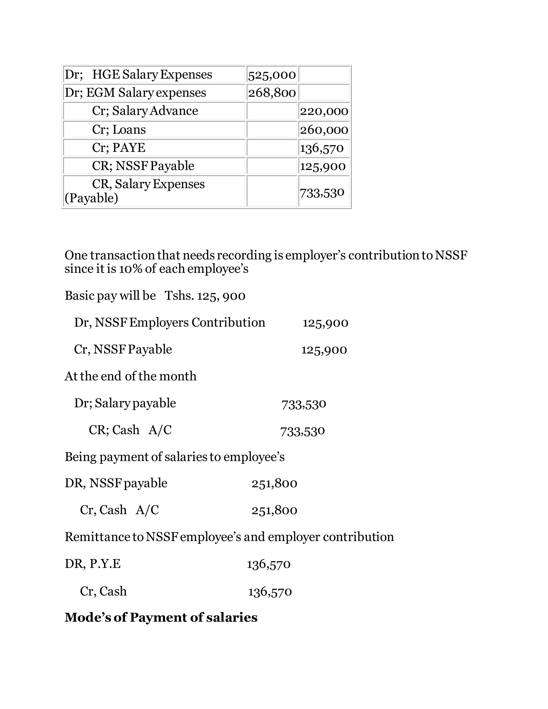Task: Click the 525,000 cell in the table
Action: [x=272, y=75]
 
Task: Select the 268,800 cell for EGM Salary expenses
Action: [x=272, y=93]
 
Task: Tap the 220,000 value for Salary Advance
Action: [x=324, y=111]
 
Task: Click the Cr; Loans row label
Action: [x=119, y=129]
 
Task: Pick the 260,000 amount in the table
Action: [x=324, y=130]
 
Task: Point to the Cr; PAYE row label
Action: [x=119, y=148]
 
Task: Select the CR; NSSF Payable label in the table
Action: [x=143, y=166]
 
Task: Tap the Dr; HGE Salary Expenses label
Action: [x=138, y=75]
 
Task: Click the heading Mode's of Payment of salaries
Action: [x=161, y=617]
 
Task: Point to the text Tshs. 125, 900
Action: [x=205, y=296]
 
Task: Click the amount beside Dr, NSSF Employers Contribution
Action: [x=325, y=323]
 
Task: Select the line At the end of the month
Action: [x=131, y=376]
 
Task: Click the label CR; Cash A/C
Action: [x=130, y=430]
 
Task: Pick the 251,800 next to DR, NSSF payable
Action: [x=274, y=483]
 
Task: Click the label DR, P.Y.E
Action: [x=93, y=564]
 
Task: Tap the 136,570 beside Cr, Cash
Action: [x=270, y=592]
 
